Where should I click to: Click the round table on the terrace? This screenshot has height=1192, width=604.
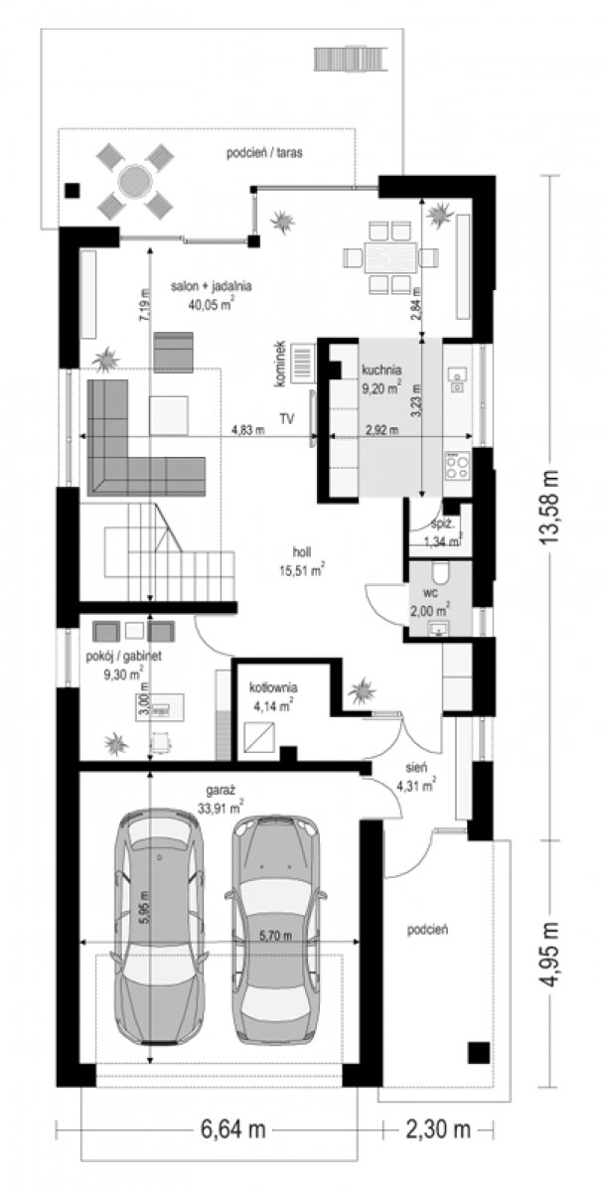134,181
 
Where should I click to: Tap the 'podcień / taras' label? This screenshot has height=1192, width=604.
264,153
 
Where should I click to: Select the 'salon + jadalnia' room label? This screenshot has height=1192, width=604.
211,286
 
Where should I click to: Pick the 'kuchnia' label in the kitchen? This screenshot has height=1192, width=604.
381,370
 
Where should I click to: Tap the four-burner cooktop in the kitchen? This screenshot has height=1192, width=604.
457,465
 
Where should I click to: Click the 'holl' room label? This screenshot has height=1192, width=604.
302,552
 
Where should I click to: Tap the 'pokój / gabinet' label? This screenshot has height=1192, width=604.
123,657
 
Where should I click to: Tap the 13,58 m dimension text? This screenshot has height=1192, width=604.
550,508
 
